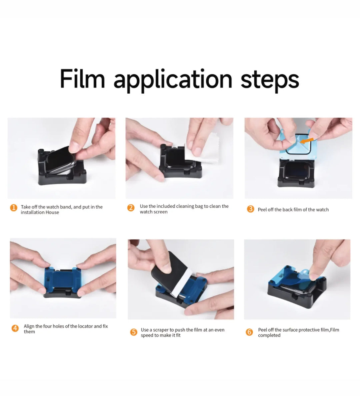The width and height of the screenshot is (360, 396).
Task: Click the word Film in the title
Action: click(x=82, y=79)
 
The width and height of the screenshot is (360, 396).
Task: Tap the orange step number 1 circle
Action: click(x=14, y=208)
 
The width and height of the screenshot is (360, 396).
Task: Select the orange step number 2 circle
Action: click(x=131, y=208)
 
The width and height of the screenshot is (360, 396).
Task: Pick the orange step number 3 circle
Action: click(x=250, y=209)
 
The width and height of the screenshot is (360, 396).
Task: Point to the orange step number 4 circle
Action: click(x=15, y=328)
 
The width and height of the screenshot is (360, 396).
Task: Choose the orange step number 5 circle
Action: click(x=133, y=332)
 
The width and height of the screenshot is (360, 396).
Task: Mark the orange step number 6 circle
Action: click(x=249, y=332)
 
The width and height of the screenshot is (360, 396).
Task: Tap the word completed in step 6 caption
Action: click(x=269, y=335)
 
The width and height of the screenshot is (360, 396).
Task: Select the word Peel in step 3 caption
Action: click(x=262, y=209)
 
